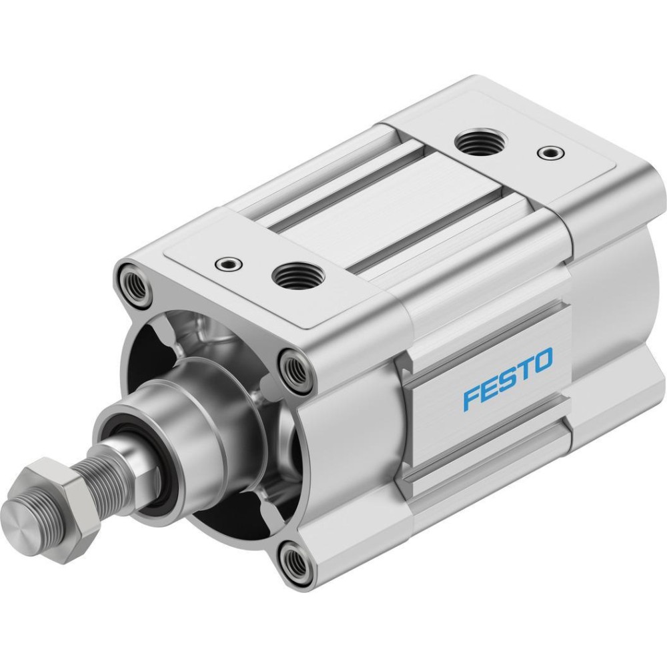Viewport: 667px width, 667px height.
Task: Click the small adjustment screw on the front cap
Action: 229,264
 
